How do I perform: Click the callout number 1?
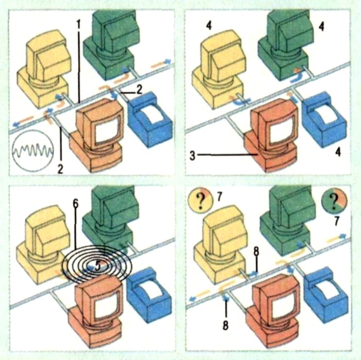79,24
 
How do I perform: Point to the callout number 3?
193,156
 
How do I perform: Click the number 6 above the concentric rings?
76,203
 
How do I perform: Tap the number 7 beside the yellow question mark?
219,197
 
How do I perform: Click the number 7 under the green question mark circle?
337,221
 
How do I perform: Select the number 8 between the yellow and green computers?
256,251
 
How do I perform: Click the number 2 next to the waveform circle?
60,169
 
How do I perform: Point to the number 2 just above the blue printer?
139,90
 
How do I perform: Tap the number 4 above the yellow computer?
209,26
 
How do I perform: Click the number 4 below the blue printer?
337,152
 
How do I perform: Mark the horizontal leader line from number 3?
227,156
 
